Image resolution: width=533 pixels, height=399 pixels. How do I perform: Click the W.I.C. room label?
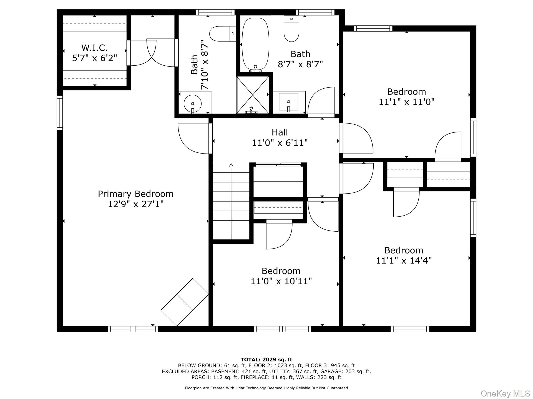tap(94, 48)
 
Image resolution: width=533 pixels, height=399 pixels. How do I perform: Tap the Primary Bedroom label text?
tap(135, 194)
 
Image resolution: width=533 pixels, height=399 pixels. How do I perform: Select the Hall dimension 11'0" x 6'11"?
tap(280, 143)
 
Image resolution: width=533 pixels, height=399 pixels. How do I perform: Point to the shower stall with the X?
tap(253, 95)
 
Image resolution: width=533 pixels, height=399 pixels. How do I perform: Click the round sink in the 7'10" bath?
tap(193, 103)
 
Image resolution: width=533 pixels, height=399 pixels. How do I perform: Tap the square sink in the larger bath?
tap(288, 102)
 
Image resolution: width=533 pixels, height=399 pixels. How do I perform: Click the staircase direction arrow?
tap(231, 166)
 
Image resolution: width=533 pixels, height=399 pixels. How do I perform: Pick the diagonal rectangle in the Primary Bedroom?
tap(185, 302)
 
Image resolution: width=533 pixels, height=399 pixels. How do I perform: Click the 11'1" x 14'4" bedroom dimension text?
tap(404, 261)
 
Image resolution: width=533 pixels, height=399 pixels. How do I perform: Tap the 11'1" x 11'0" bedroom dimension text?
tap(406, 102)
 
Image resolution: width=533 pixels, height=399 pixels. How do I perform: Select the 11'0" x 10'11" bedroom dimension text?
tap(281, 281)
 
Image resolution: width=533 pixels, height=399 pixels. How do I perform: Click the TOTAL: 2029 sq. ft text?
tap(266, 360)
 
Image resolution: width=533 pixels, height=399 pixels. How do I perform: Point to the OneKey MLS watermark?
tap(505, 393)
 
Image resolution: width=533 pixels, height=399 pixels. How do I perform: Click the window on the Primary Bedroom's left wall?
tap(60, 113)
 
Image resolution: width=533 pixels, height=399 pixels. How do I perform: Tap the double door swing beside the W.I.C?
tap(153, 53)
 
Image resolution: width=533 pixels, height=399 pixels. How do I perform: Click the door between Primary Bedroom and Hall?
tap(194, 139)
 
